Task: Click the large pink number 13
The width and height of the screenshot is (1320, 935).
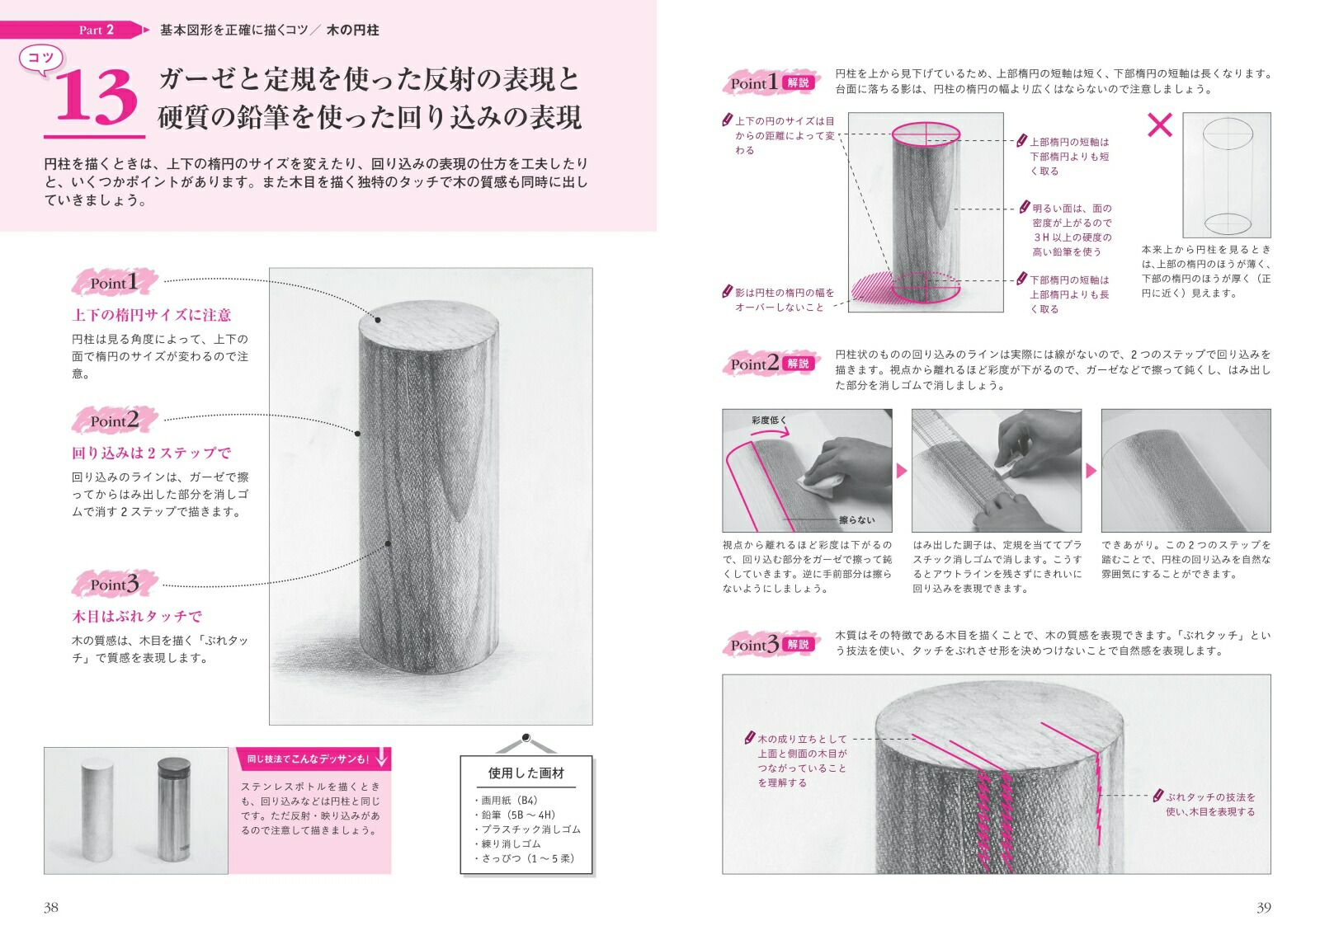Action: [96, 98]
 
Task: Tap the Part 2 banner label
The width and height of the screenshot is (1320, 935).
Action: [96, 30]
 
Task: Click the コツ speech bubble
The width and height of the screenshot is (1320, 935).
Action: [41, 59]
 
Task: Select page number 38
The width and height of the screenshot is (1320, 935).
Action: [50, 907]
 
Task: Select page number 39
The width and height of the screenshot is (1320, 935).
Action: [1263, 907]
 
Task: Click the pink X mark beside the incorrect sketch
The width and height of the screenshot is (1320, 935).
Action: [1160, 125]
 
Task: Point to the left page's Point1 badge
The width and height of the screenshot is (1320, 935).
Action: [115, 283]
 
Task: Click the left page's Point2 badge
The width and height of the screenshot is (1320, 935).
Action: [115, 421]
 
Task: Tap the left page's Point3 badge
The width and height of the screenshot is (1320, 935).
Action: [115, 584]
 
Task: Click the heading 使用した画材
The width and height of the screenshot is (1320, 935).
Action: [526, 773]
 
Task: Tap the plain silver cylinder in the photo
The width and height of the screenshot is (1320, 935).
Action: [97, 810]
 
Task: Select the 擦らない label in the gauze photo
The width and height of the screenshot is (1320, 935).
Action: [857, 520]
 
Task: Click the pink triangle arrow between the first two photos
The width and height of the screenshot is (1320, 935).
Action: [902, 471]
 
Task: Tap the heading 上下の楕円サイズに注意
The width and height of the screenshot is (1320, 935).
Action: [152, 315]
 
